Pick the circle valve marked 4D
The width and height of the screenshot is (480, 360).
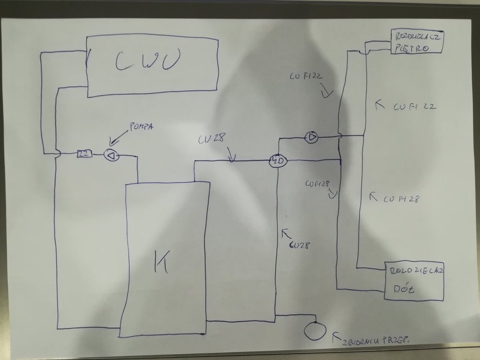pos(277,160)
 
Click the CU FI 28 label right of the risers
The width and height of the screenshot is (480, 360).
pos(402,199)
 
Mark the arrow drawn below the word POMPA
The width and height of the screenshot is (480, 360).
pos(113,140)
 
